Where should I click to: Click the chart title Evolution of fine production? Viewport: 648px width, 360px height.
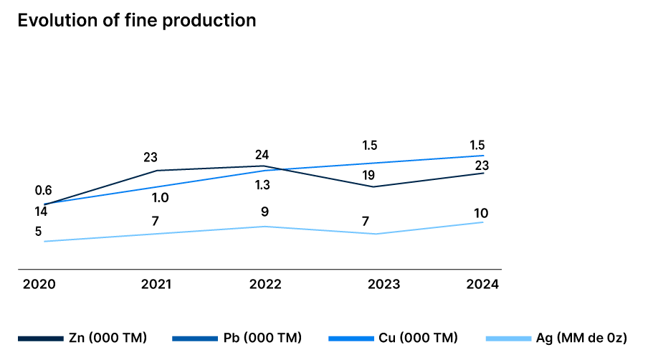tap(136, 20)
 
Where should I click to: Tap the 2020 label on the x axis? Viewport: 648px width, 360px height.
tap(39, 284)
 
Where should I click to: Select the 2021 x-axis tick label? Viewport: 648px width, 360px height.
tap(156, 284)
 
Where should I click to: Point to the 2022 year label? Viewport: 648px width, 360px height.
tap(265, 284)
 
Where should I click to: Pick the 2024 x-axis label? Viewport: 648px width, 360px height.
tap(482, 284)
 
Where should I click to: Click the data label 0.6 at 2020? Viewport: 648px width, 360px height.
tap(43, 191)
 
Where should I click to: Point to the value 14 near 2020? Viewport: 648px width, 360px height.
tap(41, 212)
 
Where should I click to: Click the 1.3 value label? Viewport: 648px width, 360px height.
tap(262, 185)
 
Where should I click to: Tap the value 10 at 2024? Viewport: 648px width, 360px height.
tap(481, 213)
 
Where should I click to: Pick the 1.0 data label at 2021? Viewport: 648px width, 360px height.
tap(161, 198)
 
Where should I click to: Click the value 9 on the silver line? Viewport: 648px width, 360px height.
tap(265, 212)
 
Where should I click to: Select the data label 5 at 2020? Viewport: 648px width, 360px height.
tap(38, 232)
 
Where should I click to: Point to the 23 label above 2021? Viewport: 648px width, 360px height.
tap(151, 158)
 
